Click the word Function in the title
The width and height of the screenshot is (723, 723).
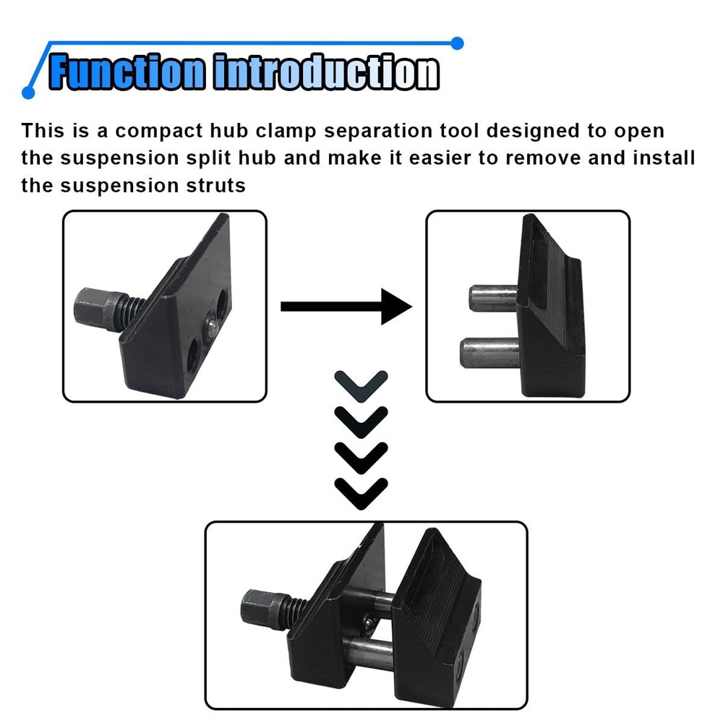pyautogui.click(x=127, y=72)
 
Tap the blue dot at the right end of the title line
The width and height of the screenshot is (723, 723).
pyautogui.click(x=456, y=43)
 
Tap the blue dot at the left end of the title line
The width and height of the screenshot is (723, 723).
pyautogui.click(x=28, y=93)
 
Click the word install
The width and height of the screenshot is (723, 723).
pyautogui.click(x=663, y=158)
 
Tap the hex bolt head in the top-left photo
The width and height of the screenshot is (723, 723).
pyautogui.click(x=92, y=309)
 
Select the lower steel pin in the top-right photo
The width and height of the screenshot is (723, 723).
pyautogui.click(x=489, y=352)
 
